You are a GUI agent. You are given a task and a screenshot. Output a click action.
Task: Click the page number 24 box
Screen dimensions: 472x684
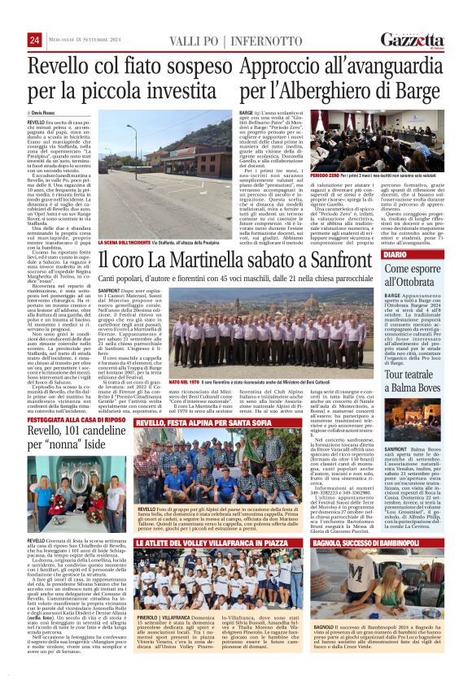(33, 41)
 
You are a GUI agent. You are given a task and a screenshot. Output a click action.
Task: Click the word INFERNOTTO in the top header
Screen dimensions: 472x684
(257, 41)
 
